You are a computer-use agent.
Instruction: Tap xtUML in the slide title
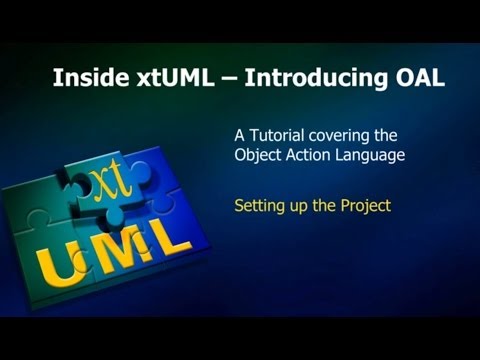click(x=162, y=78)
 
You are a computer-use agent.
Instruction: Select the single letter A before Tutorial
click(x=239, y=135)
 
